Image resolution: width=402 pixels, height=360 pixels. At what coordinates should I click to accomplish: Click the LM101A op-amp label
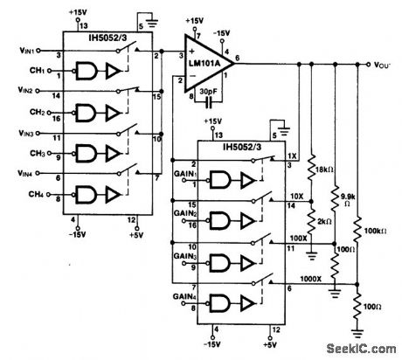tap(207, 67)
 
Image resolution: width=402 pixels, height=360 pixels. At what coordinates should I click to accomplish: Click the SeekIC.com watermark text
tap(360, 348)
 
